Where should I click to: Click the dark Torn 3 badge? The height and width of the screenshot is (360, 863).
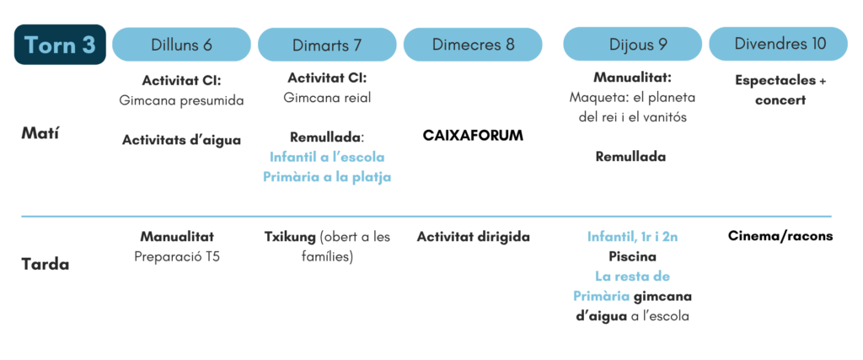coord(60,45)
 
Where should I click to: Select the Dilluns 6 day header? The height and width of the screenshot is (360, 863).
coord(182,45)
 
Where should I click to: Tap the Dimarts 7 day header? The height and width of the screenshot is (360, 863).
coord(327,45)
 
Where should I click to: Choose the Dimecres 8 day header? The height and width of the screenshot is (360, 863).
coord(473,45)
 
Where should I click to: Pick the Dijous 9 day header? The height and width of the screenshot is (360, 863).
coord(632,45)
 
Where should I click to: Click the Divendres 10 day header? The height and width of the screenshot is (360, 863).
coord(778,44)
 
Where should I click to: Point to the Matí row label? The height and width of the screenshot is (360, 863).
coord(40,134)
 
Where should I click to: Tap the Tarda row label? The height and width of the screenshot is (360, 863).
coord(46,264)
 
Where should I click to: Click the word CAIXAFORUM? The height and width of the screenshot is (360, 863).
coord(473,136)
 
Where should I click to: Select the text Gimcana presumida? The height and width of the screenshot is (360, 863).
coord(182,100)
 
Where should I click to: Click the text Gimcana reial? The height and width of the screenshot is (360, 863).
coord(327,98)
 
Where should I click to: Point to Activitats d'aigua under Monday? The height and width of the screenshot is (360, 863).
coord(182,140)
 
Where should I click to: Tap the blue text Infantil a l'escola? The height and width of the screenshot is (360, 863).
coord(327,157)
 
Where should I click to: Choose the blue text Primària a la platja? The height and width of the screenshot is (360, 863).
coord(327,177)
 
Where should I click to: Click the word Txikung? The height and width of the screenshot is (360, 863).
coord(291,237)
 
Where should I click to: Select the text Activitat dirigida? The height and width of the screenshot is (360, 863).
coord(473,237)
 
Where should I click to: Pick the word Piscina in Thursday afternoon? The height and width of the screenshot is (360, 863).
coord(632,257)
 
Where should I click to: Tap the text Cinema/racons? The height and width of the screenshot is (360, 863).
coord(780,236)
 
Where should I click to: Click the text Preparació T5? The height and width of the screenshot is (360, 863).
coord(177,257)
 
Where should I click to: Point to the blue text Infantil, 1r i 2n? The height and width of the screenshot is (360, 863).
coord(632,237)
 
